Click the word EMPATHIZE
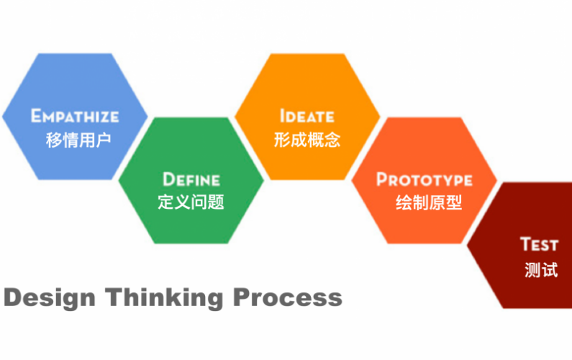pos(75,116)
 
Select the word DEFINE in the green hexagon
pos(191,179)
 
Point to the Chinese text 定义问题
pos(191,202)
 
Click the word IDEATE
pos(307,116)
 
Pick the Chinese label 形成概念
pos(307,140)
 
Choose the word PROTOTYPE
pos(425,179)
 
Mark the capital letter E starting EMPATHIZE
pos(35,115)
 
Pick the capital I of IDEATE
pos(281,116)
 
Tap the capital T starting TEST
pos(525,244)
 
